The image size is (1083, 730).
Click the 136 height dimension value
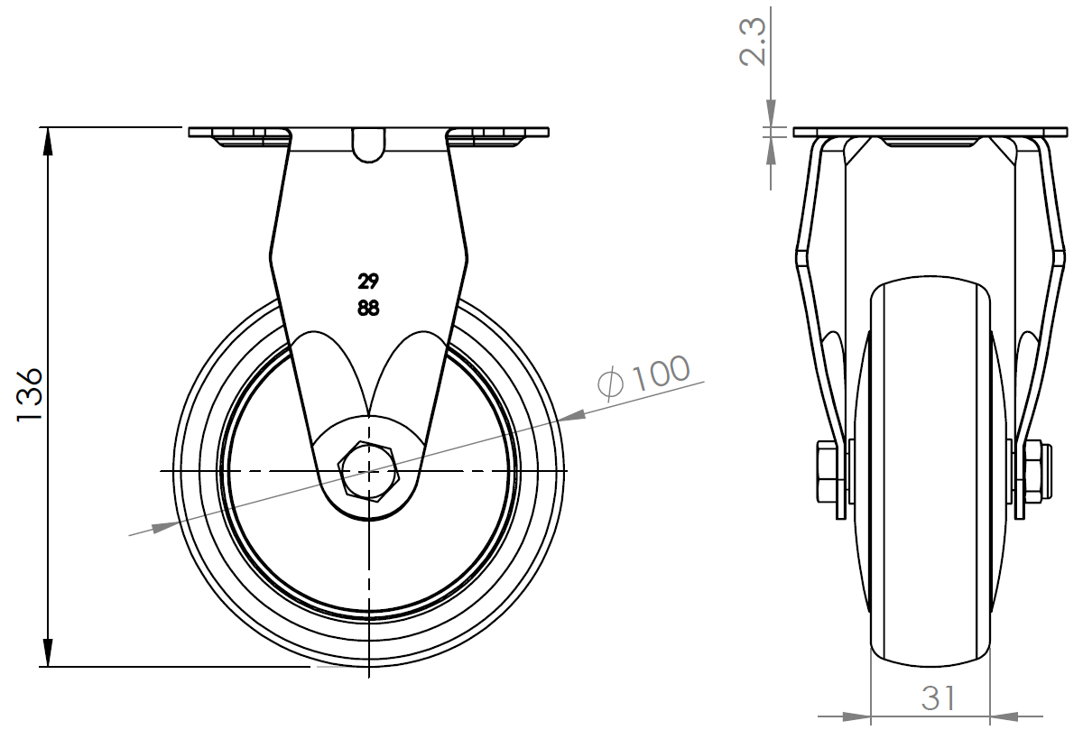pos(30,395)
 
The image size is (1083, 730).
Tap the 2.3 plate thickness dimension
pos(753,42)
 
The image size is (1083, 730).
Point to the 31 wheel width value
pos(939,698)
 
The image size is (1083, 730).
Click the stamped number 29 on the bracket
pos(368,282)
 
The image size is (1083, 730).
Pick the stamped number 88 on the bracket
pos(368,308)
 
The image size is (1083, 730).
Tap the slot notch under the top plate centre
pos(368,145)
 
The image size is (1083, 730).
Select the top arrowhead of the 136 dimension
pos(47,141)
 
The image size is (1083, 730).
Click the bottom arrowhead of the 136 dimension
pos(47,652)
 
